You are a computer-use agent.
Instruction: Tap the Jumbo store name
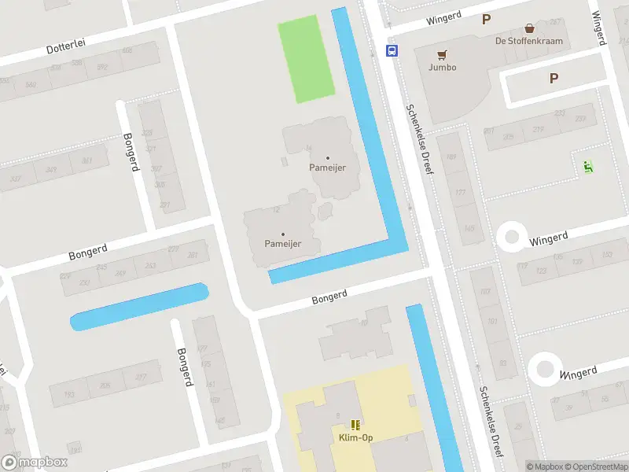click(443, 67)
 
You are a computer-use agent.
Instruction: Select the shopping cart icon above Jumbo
click(443, 54)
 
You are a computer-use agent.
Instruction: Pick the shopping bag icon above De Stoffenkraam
click(529, 28)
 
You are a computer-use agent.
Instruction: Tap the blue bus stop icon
click(391, 50)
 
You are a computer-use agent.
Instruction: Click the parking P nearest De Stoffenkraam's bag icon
click(487, 20)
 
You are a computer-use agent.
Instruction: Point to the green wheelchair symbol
click(588, 166)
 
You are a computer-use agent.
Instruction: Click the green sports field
click(307, 59)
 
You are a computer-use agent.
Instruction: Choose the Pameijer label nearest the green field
click(328, 168)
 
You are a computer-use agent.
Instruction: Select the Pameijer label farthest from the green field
click(283, 243)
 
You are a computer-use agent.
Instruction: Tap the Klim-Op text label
click(355, 437)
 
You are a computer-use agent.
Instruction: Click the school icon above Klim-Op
click(355, 424)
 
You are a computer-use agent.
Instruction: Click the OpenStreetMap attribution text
click(593, 466)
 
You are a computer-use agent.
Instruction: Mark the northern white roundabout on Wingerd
click(512, 236)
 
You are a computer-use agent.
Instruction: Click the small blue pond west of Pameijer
click(140, 306)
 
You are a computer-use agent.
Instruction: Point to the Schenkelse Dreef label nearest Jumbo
click(419, 139)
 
